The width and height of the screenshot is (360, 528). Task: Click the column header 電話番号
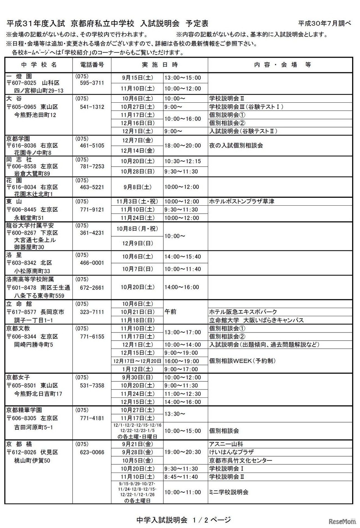click(92, 65)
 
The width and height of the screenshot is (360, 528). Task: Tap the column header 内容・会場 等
click(282, 65)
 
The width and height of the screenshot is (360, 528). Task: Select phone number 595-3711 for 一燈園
click(92, 83)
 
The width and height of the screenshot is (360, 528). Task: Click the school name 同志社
click(19, 159)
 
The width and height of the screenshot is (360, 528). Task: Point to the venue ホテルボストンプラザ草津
click(242, 201)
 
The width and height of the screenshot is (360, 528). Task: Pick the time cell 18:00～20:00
click(183, 145)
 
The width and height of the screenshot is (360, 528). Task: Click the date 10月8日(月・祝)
click(137, 229)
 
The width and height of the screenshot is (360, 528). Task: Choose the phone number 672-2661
click(92, 287)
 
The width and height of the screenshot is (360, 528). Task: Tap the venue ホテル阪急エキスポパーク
click(243, 312)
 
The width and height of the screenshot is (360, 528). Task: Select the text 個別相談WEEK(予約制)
click(242, 361)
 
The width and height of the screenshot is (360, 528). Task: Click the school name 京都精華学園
click(24, 410)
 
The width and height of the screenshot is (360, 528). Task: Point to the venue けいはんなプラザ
click(231, 452)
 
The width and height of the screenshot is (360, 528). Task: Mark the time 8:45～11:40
click(183, 477)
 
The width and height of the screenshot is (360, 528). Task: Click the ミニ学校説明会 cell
click(229, 492)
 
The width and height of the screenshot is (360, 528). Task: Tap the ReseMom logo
click(342, 522)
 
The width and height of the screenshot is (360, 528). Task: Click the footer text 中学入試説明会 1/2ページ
click(183, 520)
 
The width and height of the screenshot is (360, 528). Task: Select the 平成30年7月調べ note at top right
click(325, 24)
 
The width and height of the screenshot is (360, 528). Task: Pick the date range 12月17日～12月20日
click(137, 361)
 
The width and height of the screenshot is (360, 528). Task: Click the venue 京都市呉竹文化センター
click(240, 460)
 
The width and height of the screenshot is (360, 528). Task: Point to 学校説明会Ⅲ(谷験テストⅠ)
click(246, 107)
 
